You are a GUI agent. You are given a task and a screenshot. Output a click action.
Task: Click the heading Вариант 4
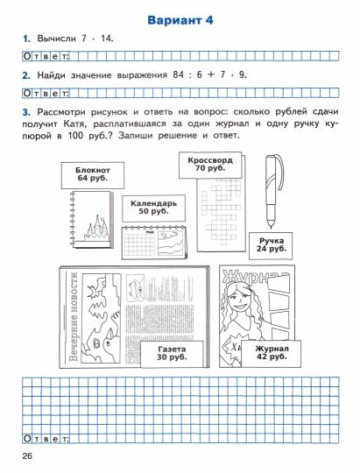pyautogui.click(x=180, y=19)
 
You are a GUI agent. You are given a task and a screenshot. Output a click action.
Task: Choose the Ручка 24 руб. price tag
pyautogui.click(x=273, y=244)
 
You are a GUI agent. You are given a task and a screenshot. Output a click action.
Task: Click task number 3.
pyautogui.click(x=26, y=109)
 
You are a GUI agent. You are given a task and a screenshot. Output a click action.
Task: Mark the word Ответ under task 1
pyautogui.click(x=46, y=57)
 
